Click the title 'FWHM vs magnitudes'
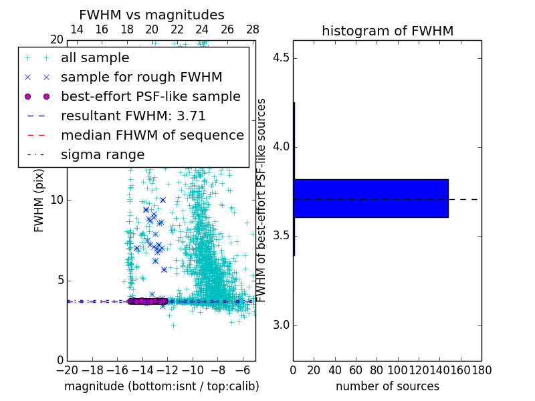click(x=152, y=15)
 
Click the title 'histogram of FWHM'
click(x=387, y=31)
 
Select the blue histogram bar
click(x=370, y=198)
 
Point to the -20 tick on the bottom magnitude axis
click(x=67, y=370)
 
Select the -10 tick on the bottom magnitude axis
click(x=193, y=370)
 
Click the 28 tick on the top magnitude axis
click(x=252, y=29)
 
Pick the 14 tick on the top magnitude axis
click(x=77, y=29)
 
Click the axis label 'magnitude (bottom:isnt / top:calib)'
click(x=161, y=386)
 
